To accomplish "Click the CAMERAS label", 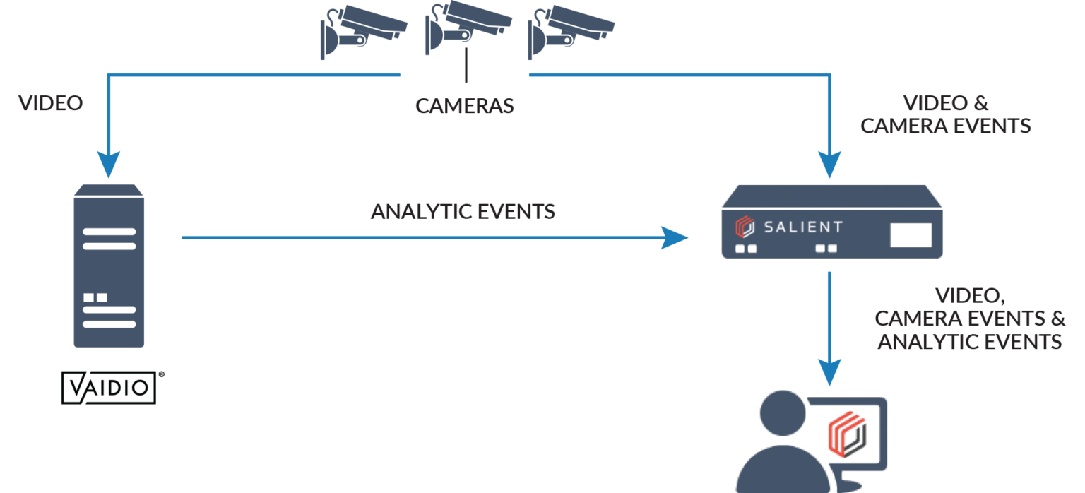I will click(464, 107).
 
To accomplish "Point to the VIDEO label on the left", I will click(51, 103).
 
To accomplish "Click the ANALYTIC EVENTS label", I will click(463, 211).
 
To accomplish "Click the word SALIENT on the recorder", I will click(803, 227).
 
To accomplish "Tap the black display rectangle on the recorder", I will click(911, 234).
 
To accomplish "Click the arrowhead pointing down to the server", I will click(109, 166).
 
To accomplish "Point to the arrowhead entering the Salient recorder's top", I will click(830, 166).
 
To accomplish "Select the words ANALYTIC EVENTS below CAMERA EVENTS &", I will click(969, 343).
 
